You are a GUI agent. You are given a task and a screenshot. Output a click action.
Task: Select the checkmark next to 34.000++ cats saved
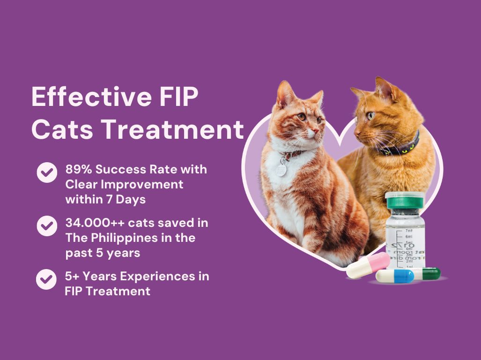(x=47, y=226)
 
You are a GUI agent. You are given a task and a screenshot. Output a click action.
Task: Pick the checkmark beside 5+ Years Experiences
(x=46, y=279)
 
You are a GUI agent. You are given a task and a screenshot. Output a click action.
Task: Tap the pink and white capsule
(x=368, y=266)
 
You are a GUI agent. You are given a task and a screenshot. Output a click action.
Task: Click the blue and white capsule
(x=395, y=276)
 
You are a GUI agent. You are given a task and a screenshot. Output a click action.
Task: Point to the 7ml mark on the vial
(x=409, y=231)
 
